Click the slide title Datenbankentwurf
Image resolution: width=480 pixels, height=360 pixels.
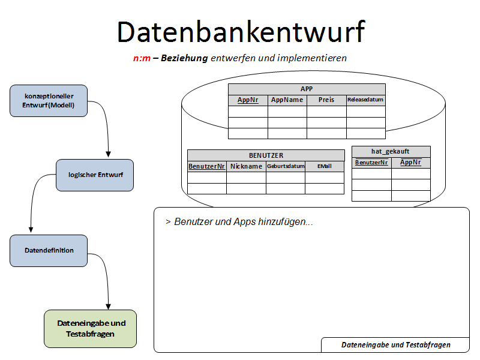240,31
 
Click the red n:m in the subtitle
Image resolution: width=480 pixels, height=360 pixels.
142,58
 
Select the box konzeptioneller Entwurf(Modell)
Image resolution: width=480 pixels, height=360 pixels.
49,101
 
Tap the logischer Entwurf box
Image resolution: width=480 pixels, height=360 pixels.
95,175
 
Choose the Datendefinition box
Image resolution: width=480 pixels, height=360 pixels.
49,251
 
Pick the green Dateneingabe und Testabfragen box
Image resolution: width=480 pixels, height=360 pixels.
91,329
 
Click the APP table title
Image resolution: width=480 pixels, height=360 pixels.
307,89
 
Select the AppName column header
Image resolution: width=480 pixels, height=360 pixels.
287,100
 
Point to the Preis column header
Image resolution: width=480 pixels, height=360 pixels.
326,100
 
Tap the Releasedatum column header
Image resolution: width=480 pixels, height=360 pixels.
365,100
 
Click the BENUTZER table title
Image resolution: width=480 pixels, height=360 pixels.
266,155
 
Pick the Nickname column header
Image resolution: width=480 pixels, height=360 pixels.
246,166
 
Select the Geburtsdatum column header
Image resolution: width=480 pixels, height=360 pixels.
286,166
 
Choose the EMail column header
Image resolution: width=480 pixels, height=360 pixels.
324,166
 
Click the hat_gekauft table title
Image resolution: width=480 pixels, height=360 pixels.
391,151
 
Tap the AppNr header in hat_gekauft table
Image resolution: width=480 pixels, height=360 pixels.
410,162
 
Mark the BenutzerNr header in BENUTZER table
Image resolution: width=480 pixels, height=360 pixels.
206,166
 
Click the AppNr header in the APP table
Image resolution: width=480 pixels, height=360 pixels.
248,100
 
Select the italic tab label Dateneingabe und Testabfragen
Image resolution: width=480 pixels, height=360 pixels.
395,345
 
